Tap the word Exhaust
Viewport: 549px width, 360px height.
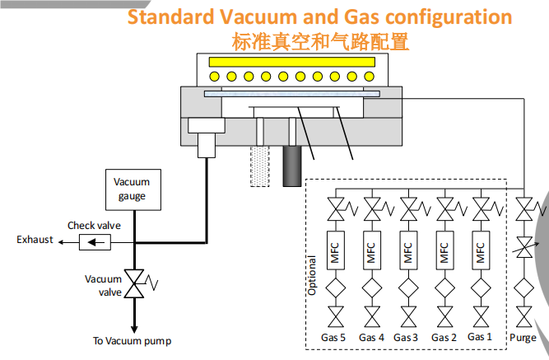point(35,240)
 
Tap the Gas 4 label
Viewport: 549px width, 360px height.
point(371,338)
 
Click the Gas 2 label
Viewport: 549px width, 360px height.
point(444,338)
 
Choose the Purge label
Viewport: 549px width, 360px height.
point(523,338)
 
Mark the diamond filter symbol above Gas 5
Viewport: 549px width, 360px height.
point(335,289)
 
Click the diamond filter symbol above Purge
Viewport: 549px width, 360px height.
point(523,289)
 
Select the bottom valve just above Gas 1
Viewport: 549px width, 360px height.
point(480,318)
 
